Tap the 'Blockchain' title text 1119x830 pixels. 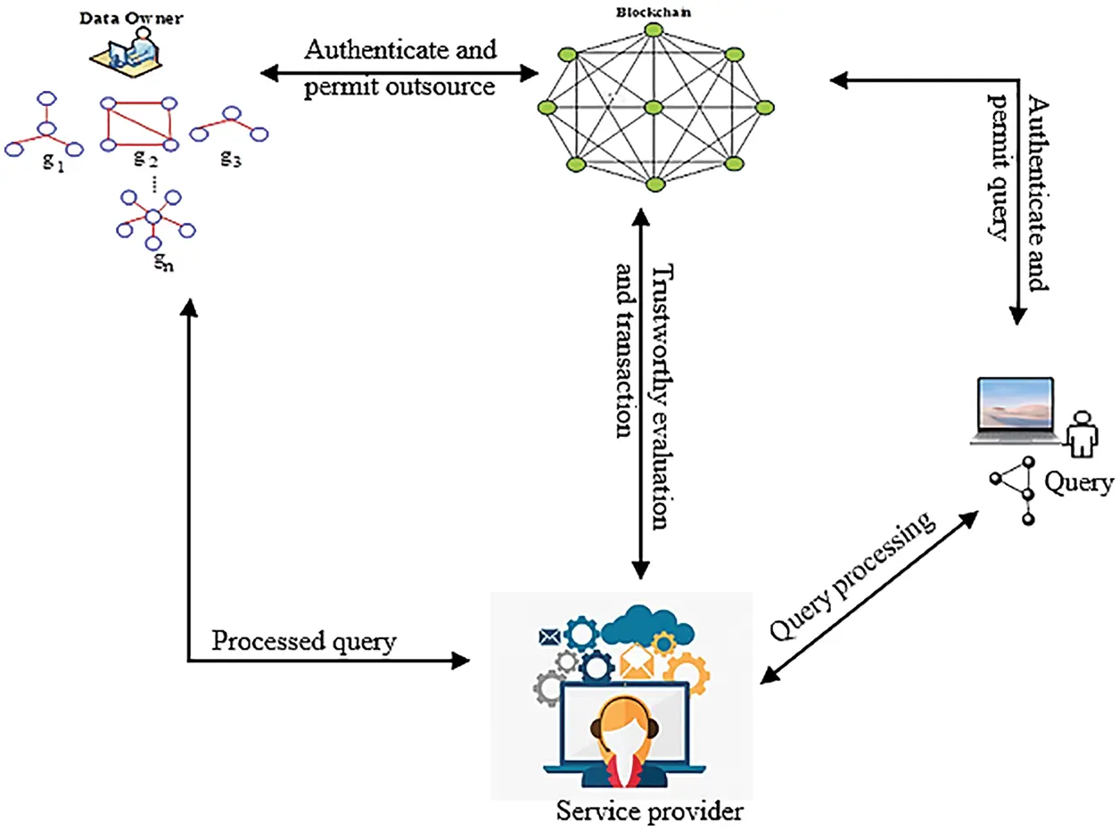point(654,12)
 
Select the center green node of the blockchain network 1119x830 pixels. point(654,107)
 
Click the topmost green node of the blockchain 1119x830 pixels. point(654,30)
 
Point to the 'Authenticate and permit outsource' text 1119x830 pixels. point(400,68)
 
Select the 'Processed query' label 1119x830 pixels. point(303,641)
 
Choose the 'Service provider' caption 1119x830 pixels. point(649,811)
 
